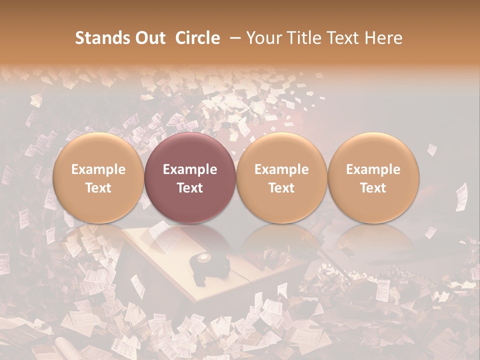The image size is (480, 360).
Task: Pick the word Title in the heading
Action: tap(305, 38)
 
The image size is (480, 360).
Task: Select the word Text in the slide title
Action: tap(345, 38)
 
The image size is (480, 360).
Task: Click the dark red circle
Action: tap(190, 178)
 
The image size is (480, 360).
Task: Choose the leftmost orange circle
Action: tap(98, 178)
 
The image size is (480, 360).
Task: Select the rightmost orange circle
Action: tap(373, 178)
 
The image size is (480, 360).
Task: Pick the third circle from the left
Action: tap(281, 178)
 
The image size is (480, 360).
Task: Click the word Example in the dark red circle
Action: tap(190, 169)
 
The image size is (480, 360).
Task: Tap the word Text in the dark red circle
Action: tap(190, 188)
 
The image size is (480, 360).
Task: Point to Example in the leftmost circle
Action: tap(98, 169)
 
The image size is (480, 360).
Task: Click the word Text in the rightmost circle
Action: tap(373, 188)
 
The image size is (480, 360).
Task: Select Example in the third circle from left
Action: tap(281, 169)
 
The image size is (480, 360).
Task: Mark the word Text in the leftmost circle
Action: tap(98, 188)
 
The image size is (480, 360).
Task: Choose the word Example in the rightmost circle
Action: tap(373, 169)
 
